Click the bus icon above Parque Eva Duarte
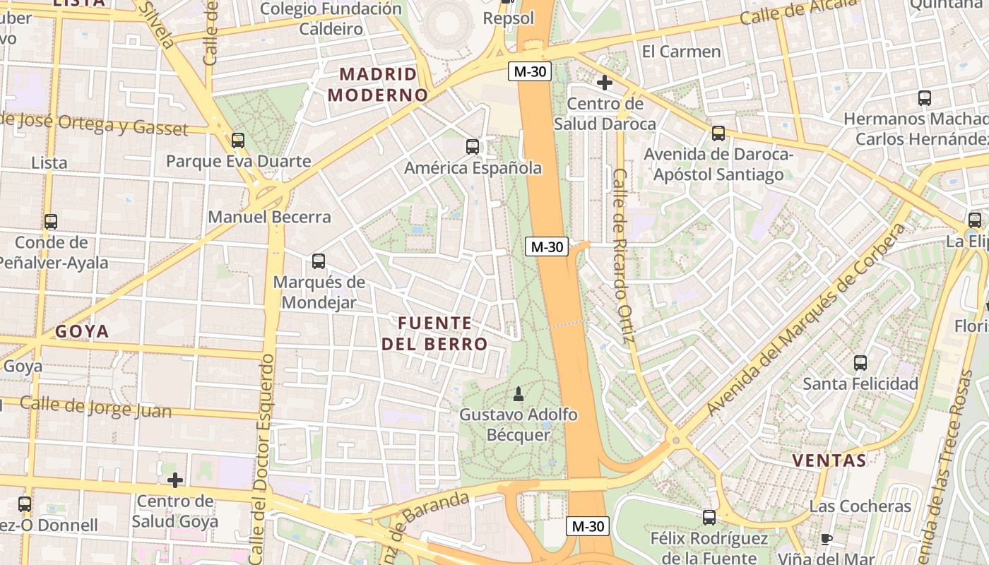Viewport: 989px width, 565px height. [x=238, y=141]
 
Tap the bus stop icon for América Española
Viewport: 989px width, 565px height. [x=473, y=147]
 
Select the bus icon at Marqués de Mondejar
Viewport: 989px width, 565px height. [x=319, y=261]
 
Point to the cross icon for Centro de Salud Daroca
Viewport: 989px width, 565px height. [x=604, y=83]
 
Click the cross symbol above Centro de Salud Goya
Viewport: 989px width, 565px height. [x=175, y=481]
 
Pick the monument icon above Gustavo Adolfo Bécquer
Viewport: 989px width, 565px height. [x=518, y=393]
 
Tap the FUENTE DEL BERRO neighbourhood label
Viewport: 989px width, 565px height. [x=434, y=333]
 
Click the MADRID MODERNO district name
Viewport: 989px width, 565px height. [x=378, y=84]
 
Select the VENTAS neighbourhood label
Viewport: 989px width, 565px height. [x=829, y=460]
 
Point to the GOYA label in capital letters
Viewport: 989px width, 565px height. [x=82, y=331]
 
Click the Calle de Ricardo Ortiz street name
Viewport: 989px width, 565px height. [x=621, y=259]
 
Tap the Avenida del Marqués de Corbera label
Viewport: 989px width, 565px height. [x=806, y=320]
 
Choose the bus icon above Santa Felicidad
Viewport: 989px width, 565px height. [x=860, y=363]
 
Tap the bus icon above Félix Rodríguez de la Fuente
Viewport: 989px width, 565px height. [x=709, y=518]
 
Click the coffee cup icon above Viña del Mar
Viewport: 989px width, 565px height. [x=827, y=540]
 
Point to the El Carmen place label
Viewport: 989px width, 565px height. [x=681, y=52]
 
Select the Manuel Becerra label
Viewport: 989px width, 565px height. [x=269, y=217]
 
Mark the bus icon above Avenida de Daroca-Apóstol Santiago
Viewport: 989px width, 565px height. [x=718, y=133]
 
